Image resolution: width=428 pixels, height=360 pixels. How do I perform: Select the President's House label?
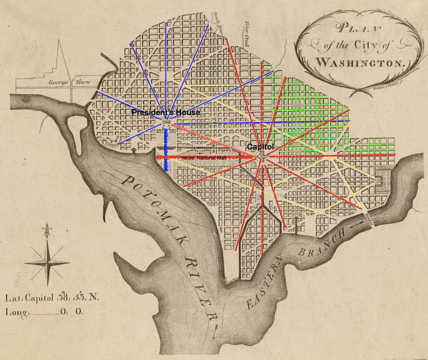click(165, 113)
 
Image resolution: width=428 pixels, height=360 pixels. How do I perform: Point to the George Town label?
click(63, 83)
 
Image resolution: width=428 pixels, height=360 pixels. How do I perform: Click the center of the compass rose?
click(46, 262)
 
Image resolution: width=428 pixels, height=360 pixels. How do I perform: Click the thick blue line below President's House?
click(165, 150)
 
